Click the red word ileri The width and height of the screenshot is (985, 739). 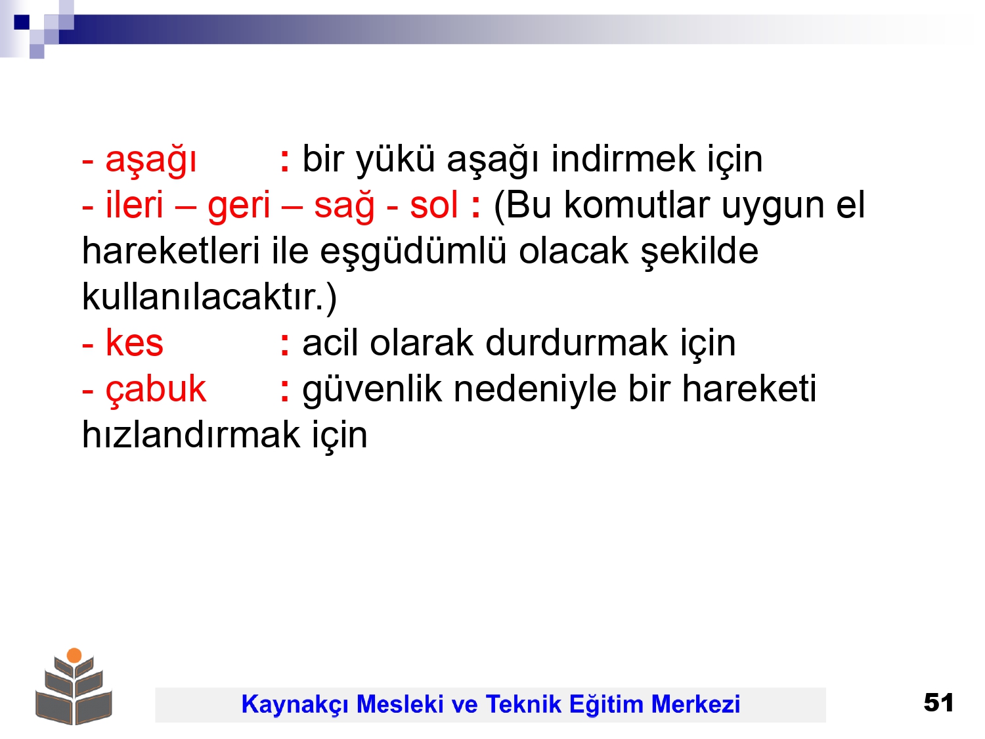pos(134,204)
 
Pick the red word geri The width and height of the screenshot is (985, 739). pos(239,207)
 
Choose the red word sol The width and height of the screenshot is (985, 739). pos(434,204)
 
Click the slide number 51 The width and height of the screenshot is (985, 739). pos(938,702)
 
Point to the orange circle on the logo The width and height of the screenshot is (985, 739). pos(74,656)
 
